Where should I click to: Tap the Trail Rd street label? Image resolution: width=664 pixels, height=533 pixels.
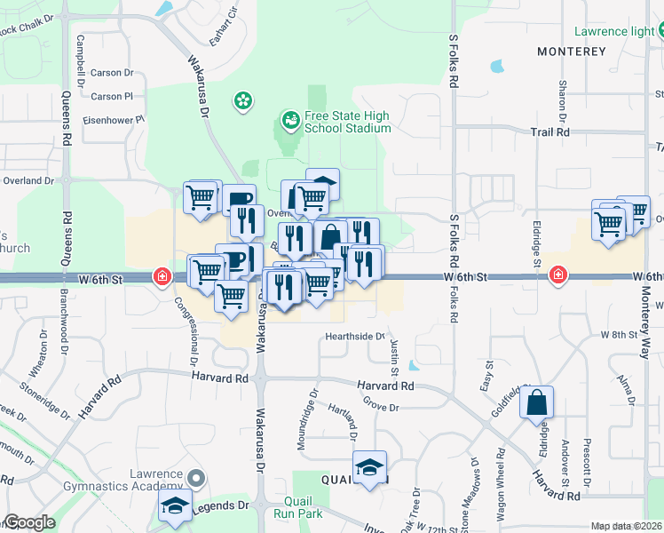[549, 131]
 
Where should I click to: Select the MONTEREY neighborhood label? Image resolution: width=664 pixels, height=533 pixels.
[572, 52]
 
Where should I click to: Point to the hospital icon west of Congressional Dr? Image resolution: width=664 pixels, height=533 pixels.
[162, 276]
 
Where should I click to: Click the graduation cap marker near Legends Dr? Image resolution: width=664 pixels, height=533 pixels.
[175, 506]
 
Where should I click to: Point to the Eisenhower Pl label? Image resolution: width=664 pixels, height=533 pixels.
[114, 119]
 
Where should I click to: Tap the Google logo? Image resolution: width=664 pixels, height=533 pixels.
[28, 522]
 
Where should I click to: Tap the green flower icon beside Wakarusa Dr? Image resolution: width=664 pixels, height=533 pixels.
[242, 101]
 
